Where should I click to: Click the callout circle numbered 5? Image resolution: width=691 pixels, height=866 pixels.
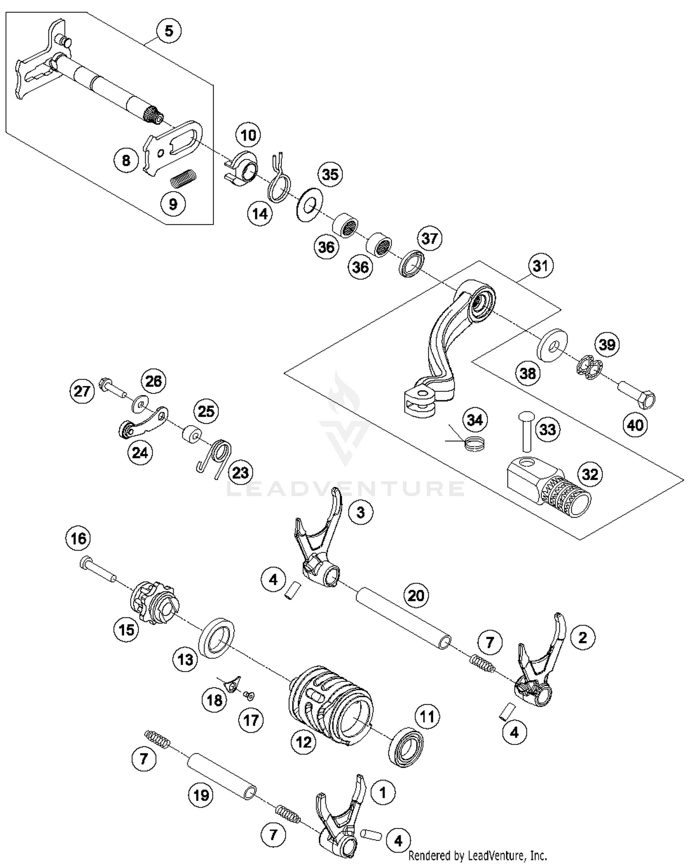point(169,31)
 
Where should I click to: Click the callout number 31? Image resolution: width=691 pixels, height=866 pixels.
point(540,266)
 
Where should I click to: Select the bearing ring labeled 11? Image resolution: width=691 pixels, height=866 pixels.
point(406,746)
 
